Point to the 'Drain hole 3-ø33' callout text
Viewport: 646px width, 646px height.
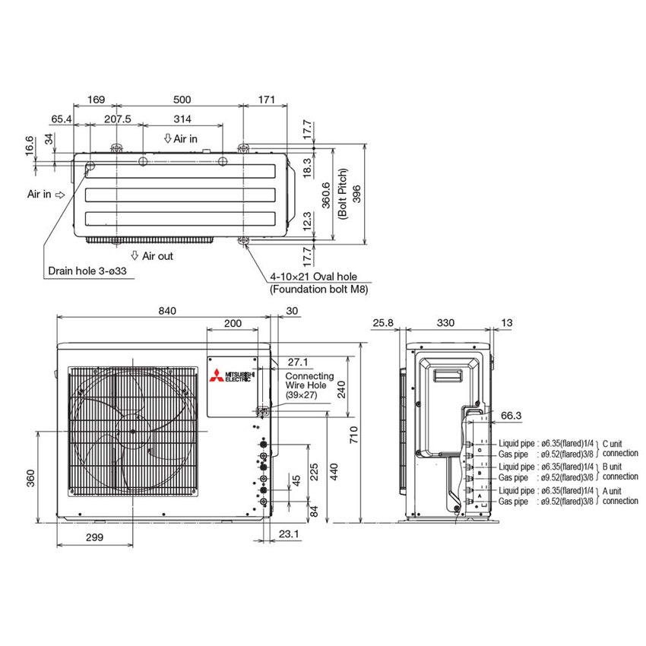(92, 270)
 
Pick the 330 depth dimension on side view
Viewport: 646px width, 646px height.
(445, 323)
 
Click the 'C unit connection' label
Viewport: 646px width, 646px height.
(619, 448)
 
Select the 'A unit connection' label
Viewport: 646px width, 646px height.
(619, 496)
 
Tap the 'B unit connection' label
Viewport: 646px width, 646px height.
(619, 471)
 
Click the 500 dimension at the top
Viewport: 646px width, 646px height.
(182, 99)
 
